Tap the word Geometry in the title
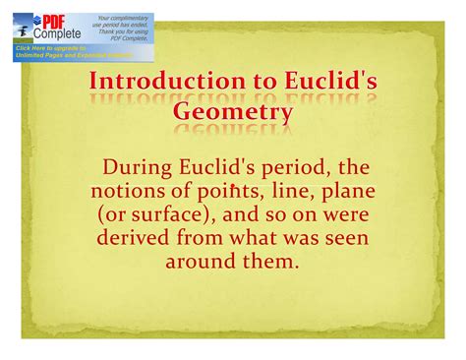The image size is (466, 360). tap(233, 112)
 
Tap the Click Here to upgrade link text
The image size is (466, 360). tap(54, 46)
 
